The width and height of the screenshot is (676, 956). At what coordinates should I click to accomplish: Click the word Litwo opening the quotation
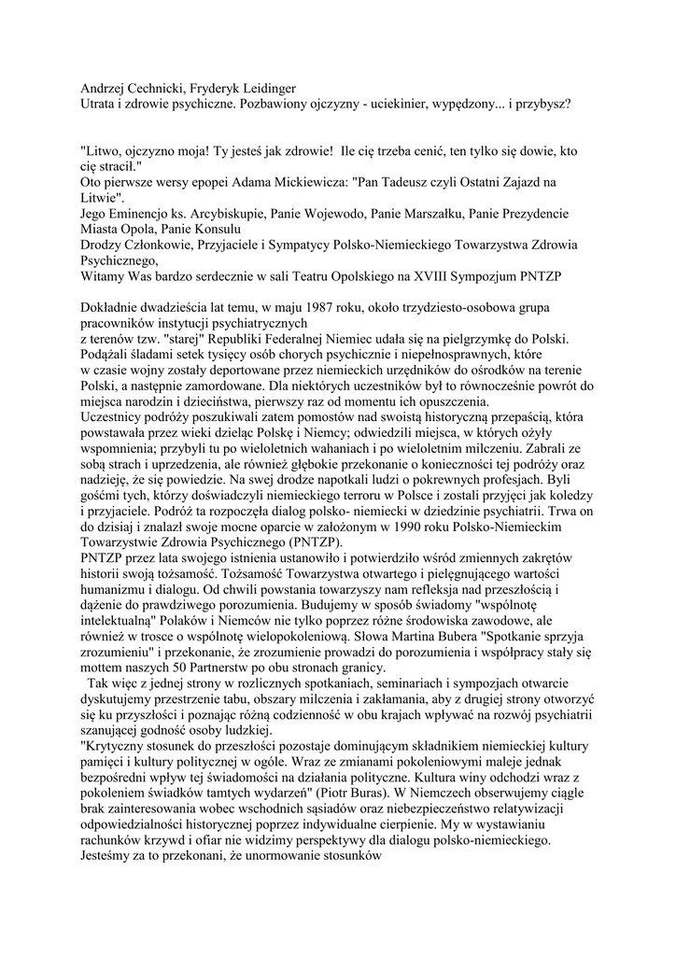[x=106, y=149]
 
